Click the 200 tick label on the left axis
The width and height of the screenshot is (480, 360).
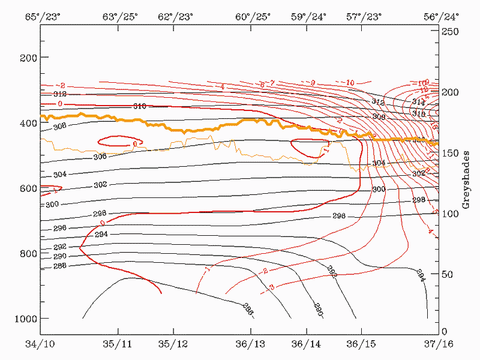[29, 58]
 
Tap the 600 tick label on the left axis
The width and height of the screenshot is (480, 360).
[29, 188]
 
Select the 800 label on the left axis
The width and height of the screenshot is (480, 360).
[29, 253]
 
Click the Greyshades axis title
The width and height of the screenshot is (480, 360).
[466, 181]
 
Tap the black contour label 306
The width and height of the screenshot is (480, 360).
[100, 157]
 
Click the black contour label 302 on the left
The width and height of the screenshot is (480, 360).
[100, 185]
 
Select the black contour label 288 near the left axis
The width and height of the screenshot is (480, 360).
[59, 266]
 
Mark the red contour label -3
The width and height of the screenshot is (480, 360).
[272, 287]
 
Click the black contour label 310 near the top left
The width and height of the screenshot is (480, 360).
[139, 106]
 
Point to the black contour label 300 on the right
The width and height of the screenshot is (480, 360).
[379, 189]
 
